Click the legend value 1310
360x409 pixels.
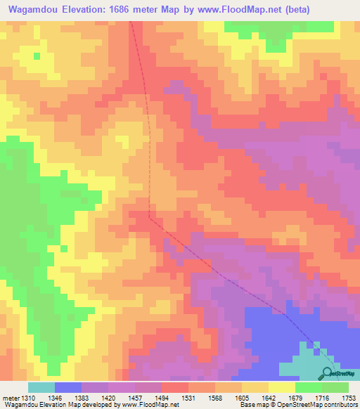pyautogui.click(x=28, y=398)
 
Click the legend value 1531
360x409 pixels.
pyautogui.click(x=188, y=398)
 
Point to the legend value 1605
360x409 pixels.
pyautogui.click(x=242, y=398)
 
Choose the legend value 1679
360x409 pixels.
pyautogui.click(x=295, y=398)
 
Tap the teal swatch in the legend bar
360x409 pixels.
pyautogui.click(x=41, y=387)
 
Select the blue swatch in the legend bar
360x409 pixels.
pyautogui.click(x=68, y=387)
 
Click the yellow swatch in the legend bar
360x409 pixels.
pyautogui.click(x=282, y=387)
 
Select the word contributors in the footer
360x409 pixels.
pyautogui.click(x=340, y=405)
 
